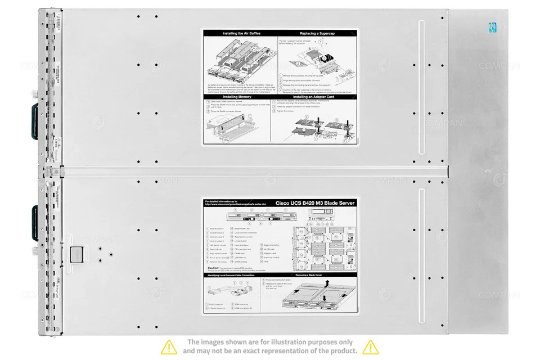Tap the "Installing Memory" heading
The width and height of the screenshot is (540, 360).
tap(237, 97)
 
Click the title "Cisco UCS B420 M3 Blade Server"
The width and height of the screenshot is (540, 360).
tap(315, 203)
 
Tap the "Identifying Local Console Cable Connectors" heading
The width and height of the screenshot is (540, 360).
tap(231, 275)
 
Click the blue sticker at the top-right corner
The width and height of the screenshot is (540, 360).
tap(492, 28)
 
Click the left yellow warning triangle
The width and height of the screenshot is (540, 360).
tap(169, 346)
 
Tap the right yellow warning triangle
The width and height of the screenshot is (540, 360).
tap(370, 346)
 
